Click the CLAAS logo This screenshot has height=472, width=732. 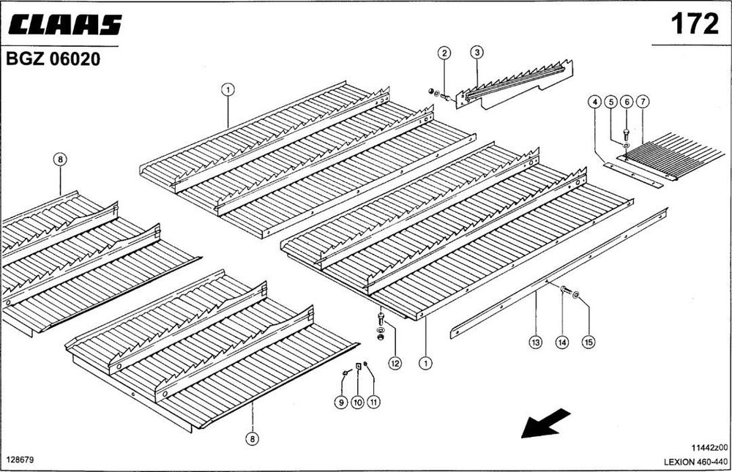(x=65, y=25)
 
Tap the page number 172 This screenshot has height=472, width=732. (x=695, y=23)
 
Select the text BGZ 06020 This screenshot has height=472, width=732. (x=53, y=59)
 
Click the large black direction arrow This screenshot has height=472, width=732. (x=545, y=423)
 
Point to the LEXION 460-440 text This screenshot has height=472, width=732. (x=695, y=462)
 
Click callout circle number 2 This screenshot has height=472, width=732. (x=444, y=53)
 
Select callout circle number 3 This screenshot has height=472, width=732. (x=477, y=52)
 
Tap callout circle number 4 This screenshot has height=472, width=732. (x=594, y=102)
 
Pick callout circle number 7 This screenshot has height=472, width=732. (x=643, y=101)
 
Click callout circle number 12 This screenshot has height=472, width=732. (x=395, y=363)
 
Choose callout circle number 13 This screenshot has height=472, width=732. (x=536, y=342)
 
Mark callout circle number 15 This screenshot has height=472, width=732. (x=589, y=342)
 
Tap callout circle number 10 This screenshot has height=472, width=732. (x=358, y=402)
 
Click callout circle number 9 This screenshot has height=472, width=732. (x=341, y=402)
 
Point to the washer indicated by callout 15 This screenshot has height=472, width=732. (x=575, y=294)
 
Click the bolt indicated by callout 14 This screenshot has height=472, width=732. (x=565, y=290)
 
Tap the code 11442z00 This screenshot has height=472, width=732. (x=709, y=448)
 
